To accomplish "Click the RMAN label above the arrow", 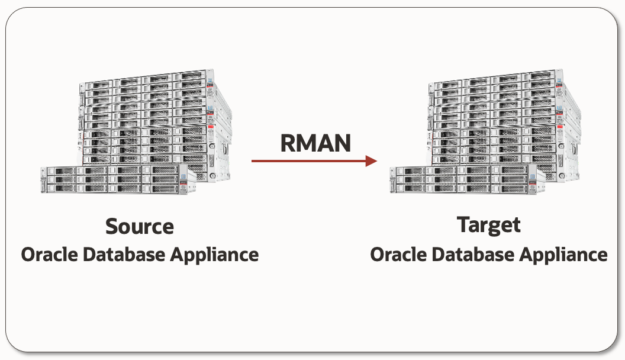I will [315, 143].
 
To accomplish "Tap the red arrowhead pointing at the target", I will [371, 160].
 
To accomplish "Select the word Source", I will [140, 226].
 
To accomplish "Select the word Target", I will [489, 225].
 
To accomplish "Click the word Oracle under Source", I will [49, 255].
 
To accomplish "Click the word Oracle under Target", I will [398, 255].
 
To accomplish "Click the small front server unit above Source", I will [112, 179].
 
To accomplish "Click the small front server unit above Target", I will [462, 179].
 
